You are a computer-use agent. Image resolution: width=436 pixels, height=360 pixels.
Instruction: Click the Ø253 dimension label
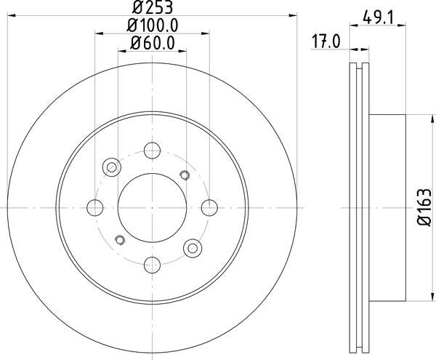tap(153, 7)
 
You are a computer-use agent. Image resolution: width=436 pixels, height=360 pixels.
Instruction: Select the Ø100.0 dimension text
tap(153, 25)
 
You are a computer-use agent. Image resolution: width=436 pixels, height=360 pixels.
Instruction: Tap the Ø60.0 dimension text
tap(153, 43)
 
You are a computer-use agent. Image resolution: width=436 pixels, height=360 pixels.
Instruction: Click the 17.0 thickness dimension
tap(326, 41)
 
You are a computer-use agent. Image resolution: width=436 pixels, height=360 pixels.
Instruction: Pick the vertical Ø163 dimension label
tap(424, 207)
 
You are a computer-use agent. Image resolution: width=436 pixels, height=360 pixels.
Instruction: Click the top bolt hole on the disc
tap(153, 151)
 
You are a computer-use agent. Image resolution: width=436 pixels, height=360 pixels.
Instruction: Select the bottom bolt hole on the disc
tap(153, 265)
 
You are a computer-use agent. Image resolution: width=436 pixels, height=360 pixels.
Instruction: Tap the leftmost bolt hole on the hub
tap(95, 207)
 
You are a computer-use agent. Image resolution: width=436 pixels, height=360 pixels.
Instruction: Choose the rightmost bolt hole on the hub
tap(209, 207)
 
